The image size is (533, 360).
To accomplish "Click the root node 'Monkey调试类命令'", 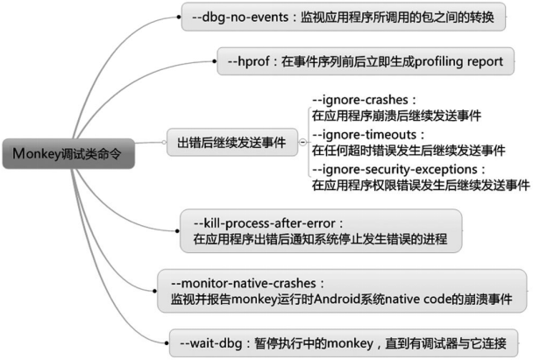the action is click(x=68, y=153).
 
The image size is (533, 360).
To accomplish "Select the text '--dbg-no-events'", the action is click(x=240, y=17).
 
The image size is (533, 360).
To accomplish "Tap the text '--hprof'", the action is click(x=248, y=61).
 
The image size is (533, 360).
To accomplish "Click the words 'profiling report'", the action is click(x=458, y=61).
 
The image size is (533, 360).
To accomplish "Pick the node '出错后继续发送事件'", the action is click(x=232, y=142).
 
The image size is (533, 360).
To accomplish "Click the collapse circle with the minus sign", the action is click(x=302, y=142).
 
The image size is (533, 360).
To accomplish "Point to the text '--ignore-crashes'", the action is click(x=360, y=100).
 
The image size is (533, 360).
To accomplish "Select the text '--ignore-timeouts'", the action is click(x=364, y=135).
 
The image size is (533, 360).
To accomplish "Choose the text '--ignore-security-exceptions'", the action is click(x=395, y=169).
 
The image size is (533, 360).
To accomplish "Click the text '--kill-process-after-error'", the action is click(x=265, y=223).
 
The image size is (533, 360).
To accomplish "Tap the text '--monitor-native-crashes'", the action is click(x=244, y=283).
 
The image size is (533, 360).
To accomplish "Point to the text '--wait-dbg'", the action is click(x=211, y=343).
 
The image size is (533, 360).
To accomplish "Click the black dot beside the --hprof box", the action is click(x=214, y=61).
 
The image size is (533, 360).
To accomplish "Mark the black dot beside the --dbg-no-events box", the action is click(x=179, y=17).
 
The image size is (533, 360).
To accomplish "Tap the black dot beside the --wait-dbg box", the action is click(x=167, y=343).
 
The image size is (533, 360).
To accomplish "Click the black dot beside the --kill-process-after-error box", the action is click(x=177, y=231).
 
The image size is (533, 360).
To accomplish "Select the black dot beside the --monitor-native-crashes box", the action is click(x=154, y=291).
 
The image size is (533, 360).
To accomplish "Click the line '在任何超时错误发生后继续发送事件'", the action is click(x=409, y=151).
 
